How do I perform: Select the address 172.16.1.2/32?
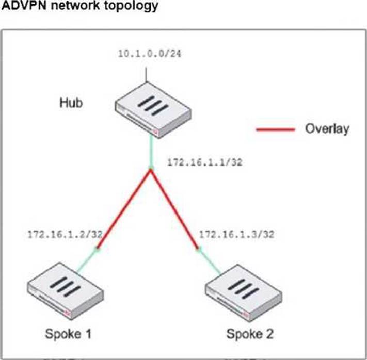point(65,234)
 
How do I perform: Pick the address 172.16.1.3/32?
point(236,234)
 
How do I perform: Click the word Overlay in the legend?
point(327,128)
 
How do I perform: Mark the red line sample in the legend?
point(276,129)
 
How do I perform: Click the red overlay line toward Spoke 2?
point(174,209)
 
